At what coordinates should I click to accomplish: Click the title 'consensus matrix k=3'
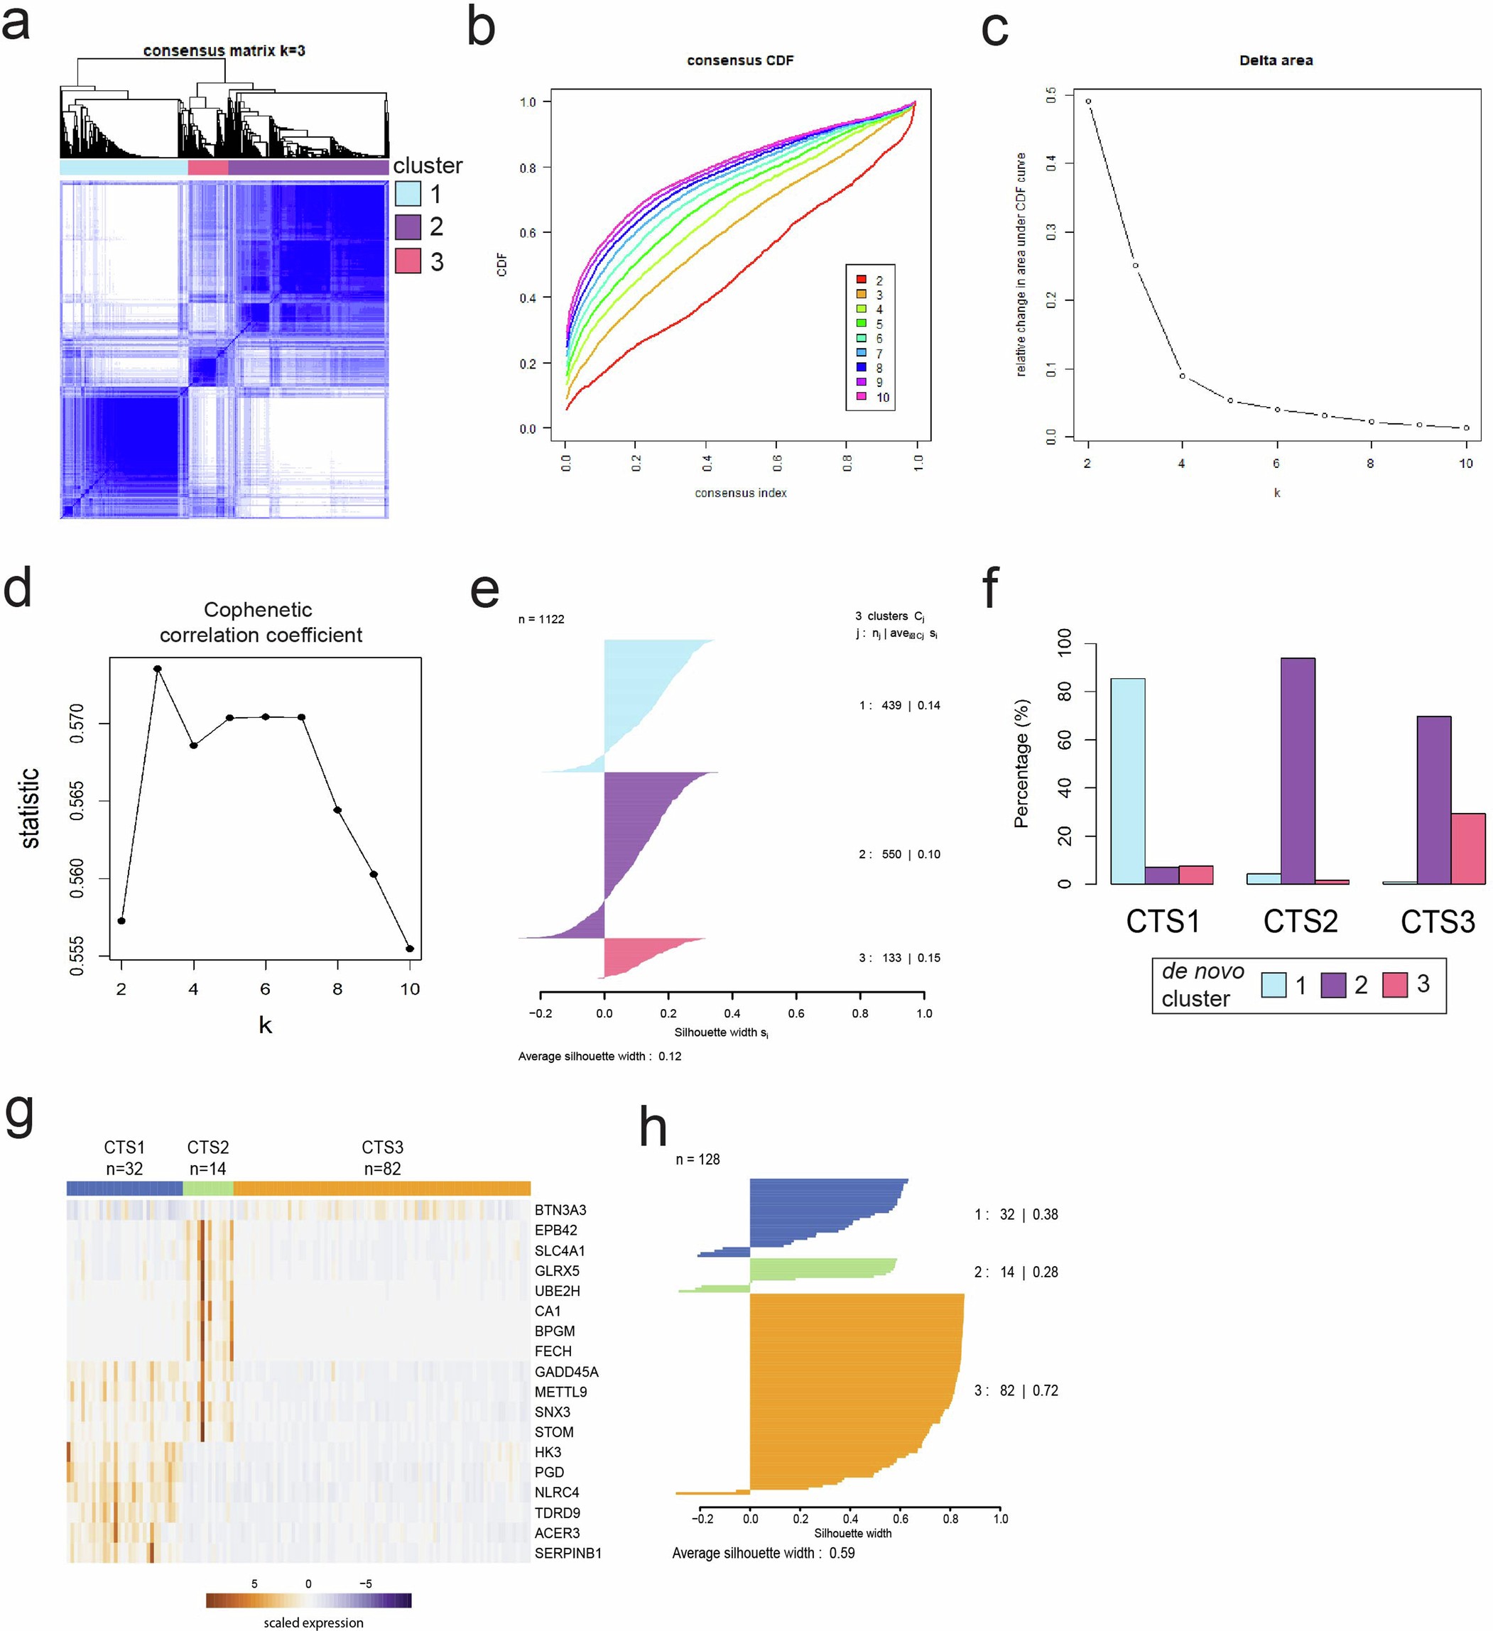(x=224, y=50)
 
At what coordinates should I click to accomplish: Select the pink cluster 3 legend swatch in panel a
(x=408, y=261)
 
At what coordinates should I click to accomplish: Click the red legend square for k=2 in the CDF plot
(x=861, y=280)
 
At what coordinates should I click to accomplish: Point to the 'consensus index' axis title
(x=739, y=493)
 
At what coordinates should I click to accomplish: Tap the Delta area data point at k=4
(x=1183, y=376)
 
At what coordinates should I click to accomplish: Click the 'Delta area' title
(x=1276, y=60)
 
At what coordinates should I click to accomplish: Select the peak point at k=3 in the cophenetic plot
(x=158, y=669)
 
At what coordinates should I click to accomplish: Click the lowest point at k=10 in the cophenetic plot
(x=409, y=949)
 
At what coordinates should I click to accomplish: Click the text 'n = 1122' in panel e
(x=541, y=619)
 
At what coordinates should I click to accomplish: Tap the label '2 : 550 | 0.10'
(x=899, y=854)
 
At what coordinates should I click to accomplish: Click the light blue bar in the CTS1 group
(x=1127, y=781)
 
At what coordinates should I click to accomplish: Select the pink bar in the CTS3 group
(x=1467, y=848)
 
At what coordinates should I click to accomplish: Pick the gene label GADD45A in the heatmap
(x=567, y=1372)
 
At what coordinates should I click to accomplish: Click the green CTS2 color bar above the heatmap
(x=208, y=1189)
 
